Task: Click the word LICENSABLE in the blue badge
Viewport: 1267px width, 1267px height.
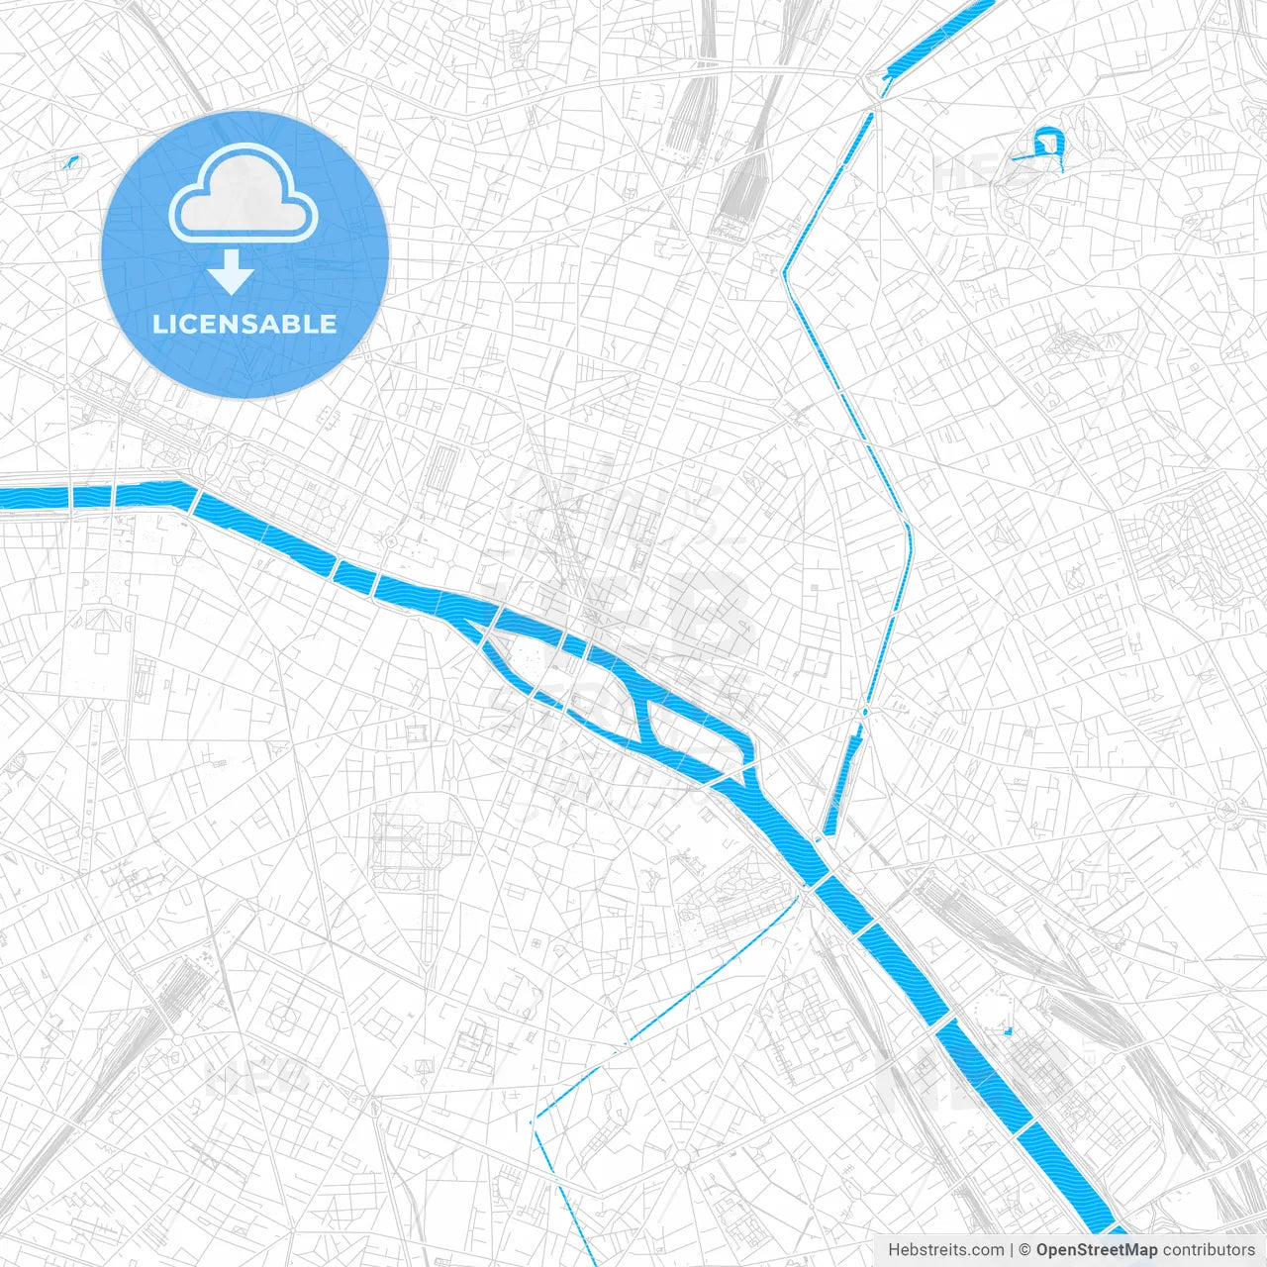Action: [244, 324]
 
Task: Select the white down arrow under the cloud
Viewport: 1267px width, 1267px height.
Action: [232, 273]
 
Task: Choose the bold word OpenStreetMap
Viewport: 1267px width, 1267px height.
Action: [1096, 1250]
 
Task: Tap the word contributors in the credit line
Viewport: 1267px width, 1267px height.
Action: [1208, 1250]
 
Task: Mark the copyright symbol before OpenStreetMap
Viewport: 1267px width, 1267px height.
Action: [1025, 1250]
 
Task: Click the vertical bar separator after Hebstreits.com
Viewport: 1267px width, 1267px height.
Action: [1012, 1250]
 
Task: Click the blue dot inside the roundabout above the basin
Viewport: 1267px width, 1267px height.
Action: [866, 711]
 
